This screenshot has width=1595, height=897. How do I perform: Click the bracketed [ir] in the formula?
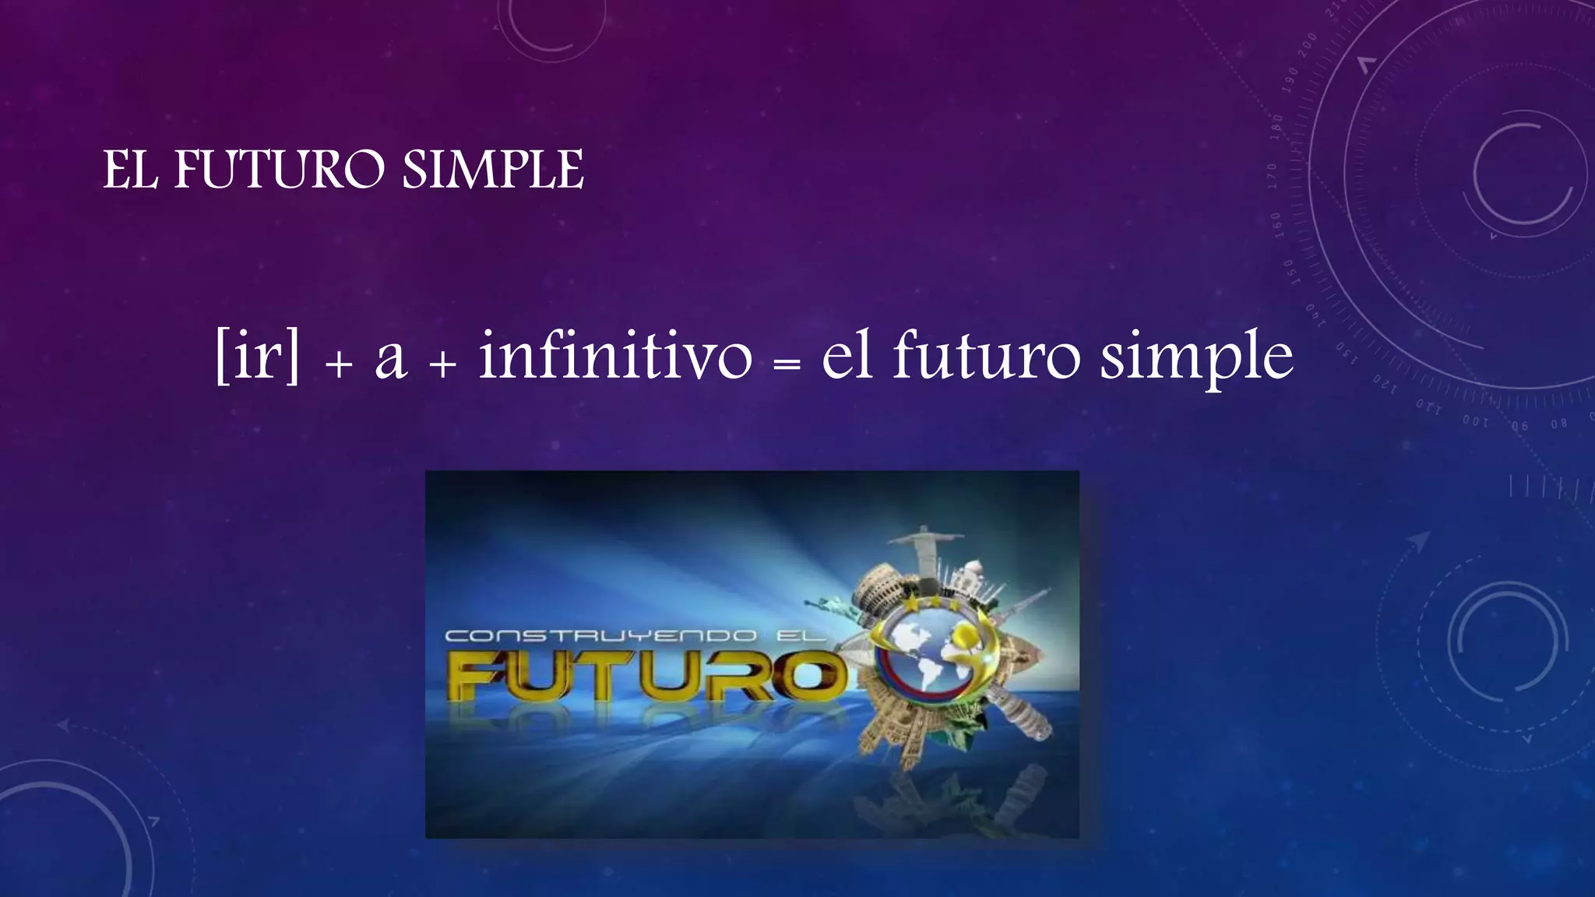tap(257, 356)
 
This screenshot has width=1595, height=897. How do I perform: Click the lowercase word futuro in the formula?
tap(987, 356)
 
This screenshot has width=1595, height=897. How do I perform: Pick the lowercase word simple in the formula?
tap(1195, 358)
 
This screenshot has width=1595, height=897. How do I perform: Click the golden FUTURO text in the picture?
tap(646, 677)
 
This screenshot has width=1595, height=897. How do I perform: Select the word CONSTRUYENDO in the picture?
tap(600, 635)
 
